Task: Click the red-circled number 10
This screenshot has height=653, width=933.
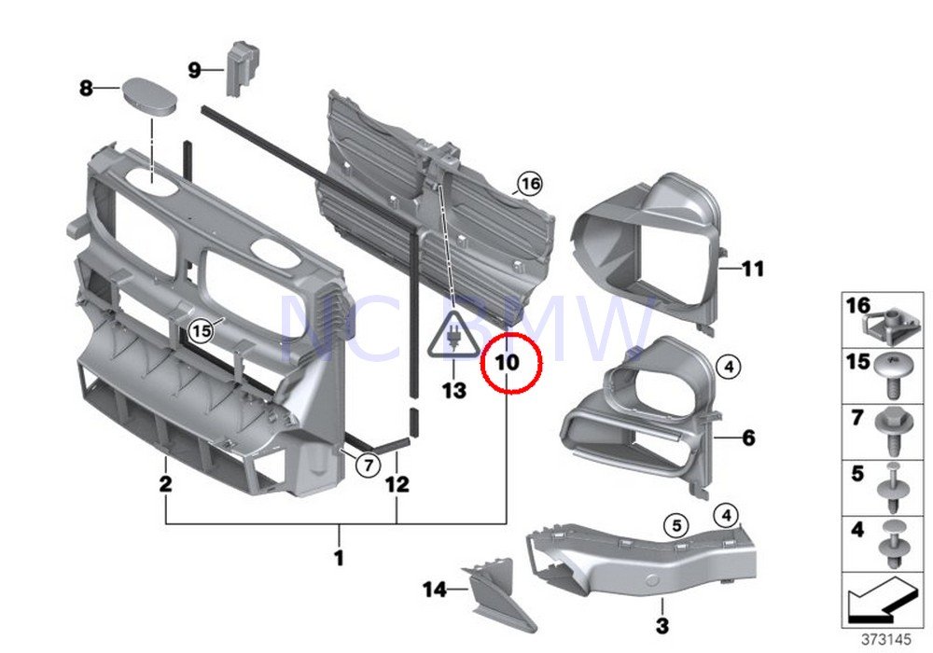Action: point(509,362)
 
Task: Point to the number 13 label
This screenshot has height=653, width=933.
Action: point(453,391)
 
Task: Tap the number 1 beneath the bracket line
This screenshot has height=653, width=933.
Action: point(340,559)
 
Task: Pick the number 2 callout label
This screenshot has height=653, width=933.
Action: point(165,484)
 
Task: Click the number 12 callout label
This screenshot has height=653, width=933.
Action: point(397,484)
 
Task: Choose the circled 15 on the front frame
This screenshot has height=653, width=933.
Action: point(201,329)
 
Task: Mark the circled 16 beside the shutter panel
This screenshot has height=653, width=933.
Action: point(530,184)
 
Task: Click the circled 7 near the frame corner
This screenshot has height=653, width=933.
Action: point(367,464)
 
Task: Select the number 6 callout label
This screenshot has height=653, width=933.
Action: point(748,437)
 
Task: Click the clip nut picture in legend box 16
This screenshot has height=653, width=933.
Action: point(885,323)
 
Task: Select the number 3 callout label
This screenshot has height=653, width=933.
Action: point(661,624)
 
